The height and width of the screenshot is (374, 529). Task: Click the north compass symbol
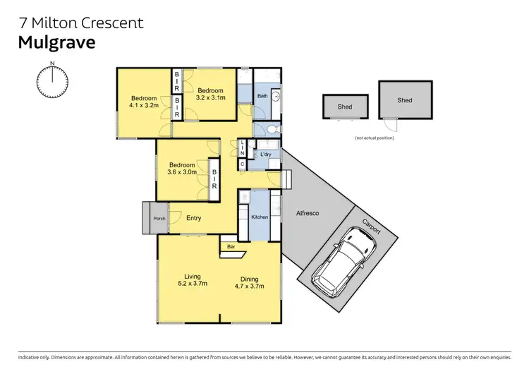52,81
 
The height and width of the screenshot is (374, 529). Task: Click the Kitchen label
260,217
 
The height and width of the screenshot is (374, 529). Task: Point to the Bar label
231,247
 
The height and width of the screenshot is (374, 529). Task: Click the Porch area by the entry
154,218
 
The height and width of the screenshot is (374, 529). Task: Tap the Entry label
194,218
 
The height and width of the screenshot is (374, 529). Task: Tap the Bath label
262,96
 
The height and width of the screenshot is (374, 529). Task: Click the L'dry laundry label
266,154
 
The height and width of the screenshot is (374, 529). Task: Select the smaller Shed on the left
345,107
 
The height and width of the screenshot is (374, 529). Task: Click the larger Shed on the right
404,100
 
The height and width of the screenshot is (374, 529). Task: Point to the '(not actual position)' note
375,138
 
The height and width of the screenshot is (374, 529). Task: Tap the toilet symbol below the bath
274,128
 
